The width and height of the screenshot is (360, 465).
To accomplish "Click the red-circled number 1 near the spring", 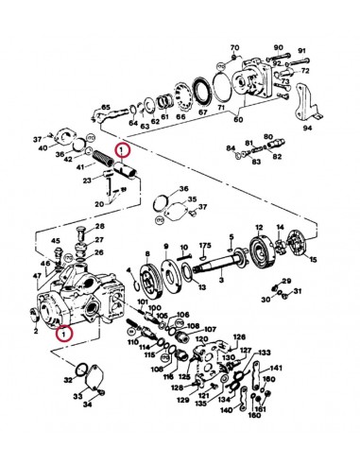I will [x=121, y=150].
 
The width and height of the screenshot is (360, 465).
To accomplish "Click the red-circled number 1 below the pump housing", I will [x=63, y=333].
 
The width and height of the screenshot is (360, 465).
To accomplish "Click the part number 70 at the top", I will [x=233, y=45].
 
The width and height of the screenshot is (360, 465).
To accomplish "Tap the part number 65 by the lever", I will [x=107, y=109].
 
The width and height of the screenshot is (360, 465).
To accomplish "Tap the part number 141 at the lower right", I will [x=277, y=368].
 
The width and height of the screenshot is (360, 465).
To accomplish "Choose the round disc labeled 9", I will [x=146, y=279].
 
